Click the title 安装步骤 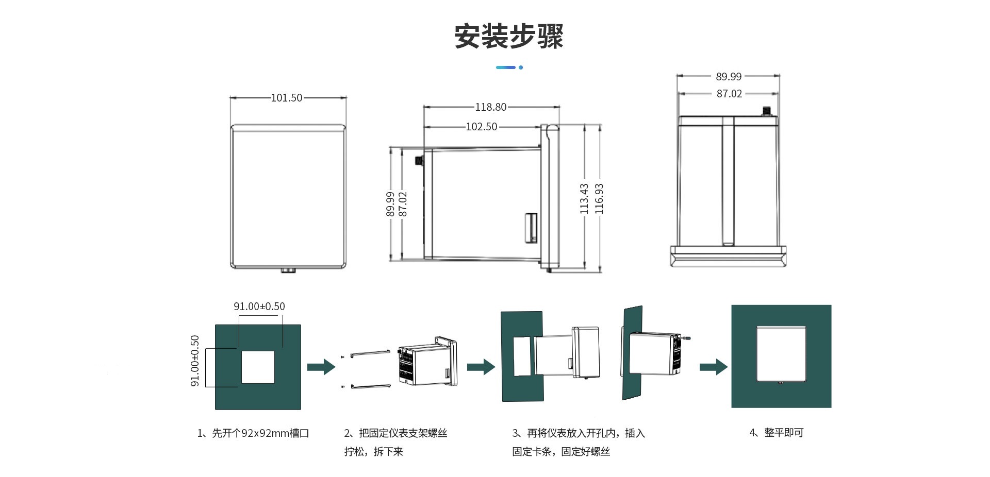[x=508, y=36]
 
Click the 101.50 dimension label [x=287, y=98]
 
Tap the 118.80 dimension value [x=490, y=107]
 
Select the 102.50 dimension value [x=481, y=127]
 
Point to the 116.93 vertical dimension [x=599, y=198]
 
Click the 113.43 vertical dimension [x=584, y=198]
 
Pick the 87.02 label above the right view [x=729, y=94]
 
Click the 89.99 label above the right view [x=729, y=77]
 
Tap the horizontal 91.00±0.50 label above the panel [x=259, y=306]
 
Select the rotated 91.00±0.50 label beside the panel [x=195, y=361]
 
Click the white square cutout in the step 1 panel [x=258, y=367]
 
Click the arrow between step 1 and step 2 [x=321, y=367]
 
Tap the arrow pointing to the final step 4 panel [x=713, y=367]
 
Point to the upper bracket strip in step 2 [x=370, y=353]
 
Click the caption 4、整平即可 [x=776, y=433]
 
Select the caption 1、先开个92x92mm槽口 [x=253, y=433]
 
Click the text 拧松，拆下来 [x=373, y=452]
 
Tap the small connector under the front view [x=288, y=270]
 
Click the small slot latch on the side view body [x=531, y=227]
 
